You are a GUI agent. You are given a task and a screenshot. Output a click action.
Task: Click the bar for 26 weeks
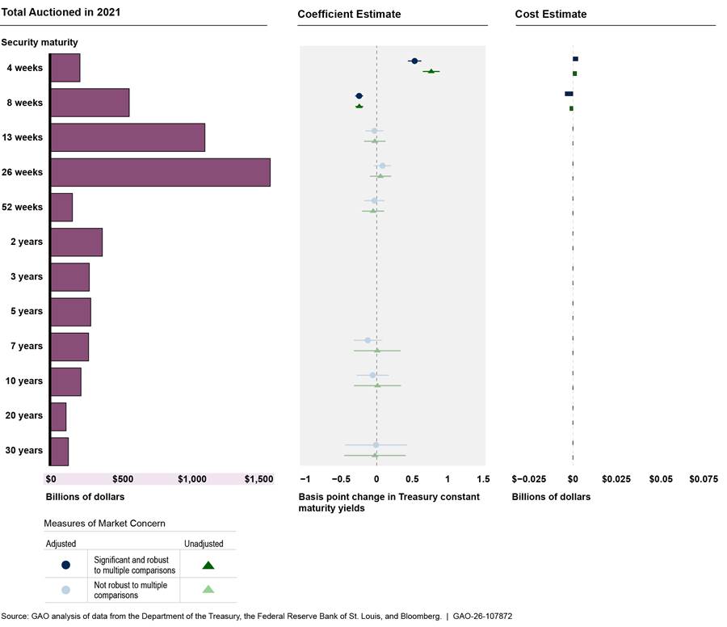click(x=160, y=172)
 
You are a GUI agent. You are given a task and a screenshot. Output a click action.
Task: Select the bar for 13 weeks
click(x=128, y=137)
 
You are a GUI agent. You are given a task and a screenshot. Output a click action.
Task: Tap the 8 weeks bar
click(x=90, y=103)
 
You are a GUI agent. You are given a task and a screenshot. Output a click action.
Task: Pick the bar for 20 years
click(x=58, y=416)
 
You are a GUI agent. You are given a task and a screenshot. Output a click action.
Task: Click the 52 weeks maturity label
click(x=22, y=208)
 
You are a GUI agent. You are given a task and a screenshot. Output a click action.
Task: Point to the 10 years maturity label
click(x=24, y=381)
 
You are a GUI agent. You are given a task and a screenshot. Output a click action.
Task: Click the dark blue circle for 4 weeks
click(x=414, y=61)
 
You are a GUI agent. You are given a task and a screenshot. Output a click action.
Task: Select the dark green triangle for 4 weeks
click(x=431, y=72)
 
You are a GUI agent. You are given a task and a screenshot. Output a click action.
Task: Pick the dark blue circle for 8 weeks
click(x=359, y=96)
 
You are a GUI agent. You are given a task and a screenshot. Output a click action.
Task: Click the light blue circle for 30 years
click(x=376, y=444)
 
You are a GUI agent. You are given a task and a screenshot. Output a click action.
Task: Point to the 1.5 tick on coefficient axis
click(x=483, y=479)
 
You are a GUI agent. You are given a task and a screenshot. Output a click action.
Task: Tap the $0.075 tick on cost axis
click(x=704, y=479)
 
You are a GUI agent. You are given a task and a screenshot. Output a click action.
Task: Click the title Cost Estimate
click(x=551, y=15)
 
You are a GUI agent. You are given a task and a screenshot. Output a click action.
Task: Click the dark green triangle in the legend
click(x=208, y=565)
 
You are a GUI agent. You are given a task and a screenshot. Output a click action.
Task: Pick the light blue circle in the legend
click(x=65, y=589)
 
